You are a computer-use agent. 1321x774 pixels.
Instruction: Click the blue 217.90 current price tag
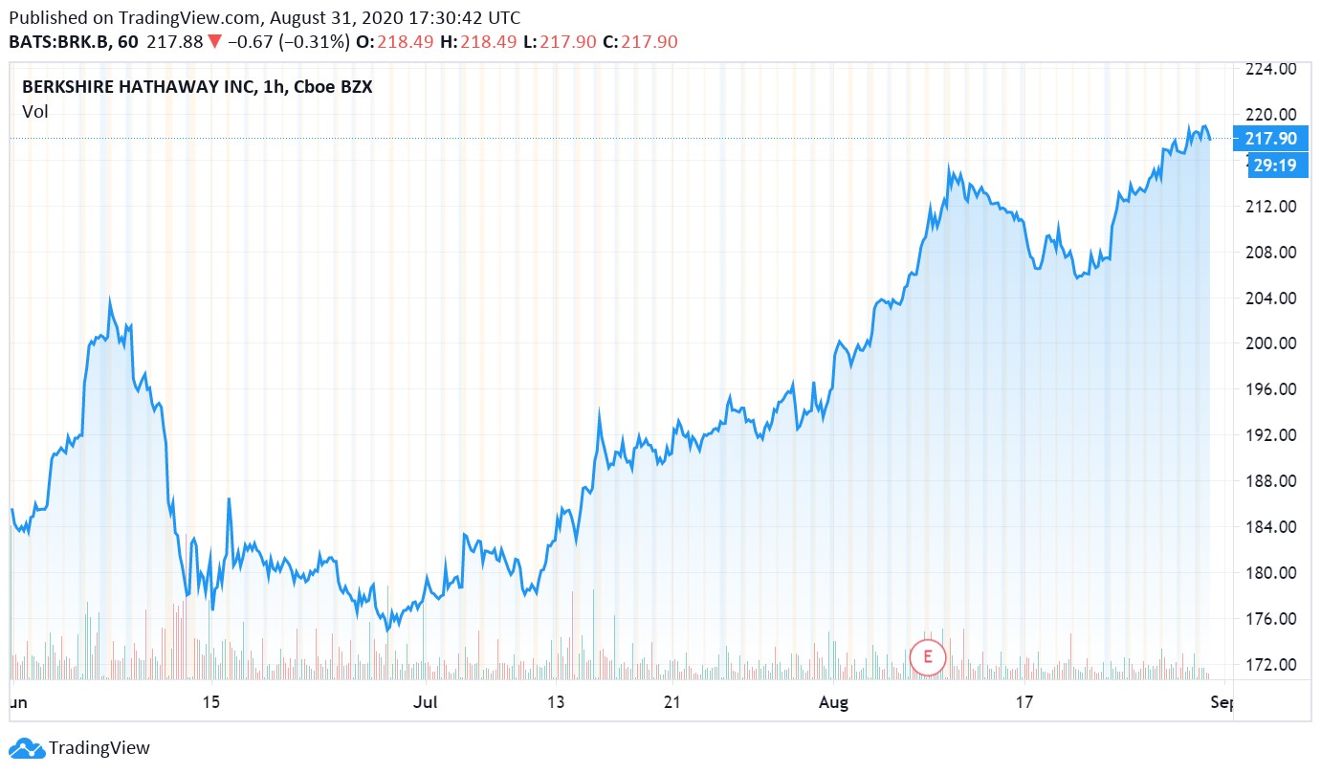(1270, 139)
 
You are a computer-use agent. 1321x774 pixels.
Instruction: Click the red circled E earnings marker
(926, 656)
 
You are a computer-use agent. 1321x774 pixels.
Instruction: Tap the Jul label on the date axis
(425, 703)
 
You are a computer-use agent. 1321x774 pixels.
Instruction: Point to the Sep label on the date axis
(1222, 703)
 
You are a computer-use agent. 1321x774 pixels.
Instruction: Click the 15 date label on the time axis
(211, 703)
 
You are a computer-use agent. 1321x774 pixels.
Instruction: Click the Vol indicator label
(35, 111)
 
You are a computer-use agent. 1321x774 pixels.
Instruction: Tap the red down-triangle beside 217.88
(214, 42)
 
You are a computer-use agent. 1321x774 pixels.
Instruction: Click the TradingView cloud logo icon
(26, 748)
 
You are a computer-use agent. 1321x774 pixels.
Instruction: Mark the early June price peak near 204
(109, 301)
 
